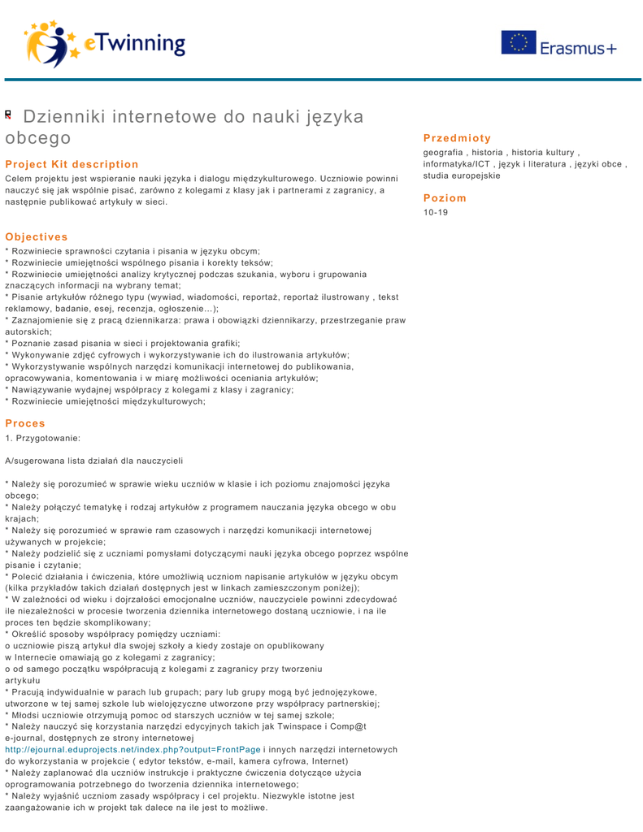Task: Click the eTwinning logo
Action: tap(105, 41)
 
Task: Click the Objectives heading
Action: tap(37, 237)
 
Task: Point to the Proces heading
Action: tap(25, 423)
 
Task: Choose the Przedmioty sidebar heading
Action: tap(458, 138)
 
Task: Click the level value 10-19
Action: tap(436, 212)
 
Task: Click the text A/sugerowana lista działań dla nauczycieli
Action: tap(93, 460)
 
